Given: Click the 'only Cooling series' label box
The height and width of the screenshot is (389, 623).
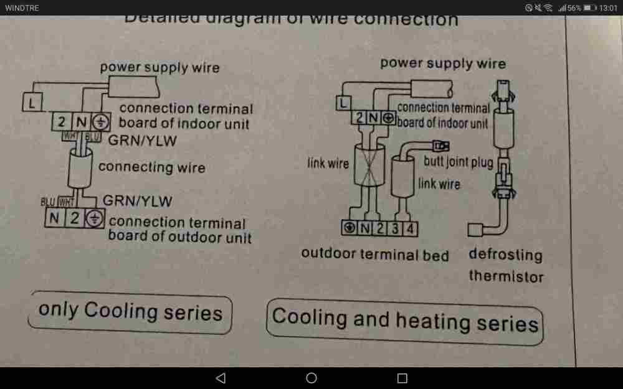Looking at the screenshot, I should point(130,312).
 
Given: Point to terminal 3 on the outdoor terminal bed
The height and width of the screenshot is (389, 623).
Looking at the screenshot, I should point(395,229).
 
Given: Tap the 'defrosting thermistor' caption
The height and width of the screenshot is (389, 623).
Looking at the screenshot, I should point(505,265).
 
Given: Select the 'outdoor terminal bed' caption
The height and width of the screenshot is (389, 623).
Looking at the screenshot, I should point(374,254).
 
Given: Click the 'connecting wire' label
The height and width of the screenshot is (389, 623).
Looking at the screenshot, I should point(151,167).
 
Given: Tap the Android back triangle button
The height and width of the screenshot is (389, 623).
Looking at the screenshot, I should point(220,378).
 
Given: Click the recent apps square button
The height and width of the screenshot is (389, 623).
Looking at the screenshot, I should point(402,378).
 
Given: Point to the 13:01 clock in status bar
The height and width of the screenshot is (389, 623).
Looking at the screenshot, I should point(607,7).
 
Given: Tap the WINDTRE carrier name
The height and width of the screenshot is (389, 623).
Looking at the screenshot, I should point(22,7).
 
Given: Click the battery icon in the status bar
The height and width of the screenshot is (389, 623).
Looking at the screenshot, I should point(590,7).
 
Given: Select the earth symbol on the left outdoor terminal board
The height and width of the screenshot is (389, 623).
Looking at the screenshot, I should point(94,218).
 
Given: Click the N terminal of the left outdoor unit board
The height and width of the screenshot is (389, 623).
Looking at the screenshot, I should point(55,218).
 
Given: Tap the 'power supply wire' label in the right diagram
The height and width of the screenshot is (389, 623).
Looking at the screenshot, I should point(442,63).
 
